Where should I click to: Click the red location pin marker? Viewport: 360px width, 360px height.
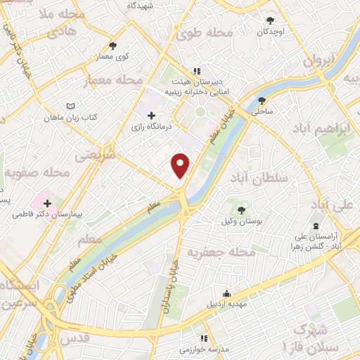[181, 165]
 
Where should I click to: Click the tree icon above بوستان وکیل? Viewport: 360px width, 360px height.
[242, 210]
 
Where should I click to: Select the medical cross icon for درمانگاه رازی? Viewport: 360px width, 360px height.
[152, 115]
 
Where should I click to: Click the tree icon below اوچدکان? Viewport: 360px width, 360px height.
[272, 20]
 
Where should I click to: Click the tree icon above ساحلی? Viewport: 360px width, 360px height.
[262, 100]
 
